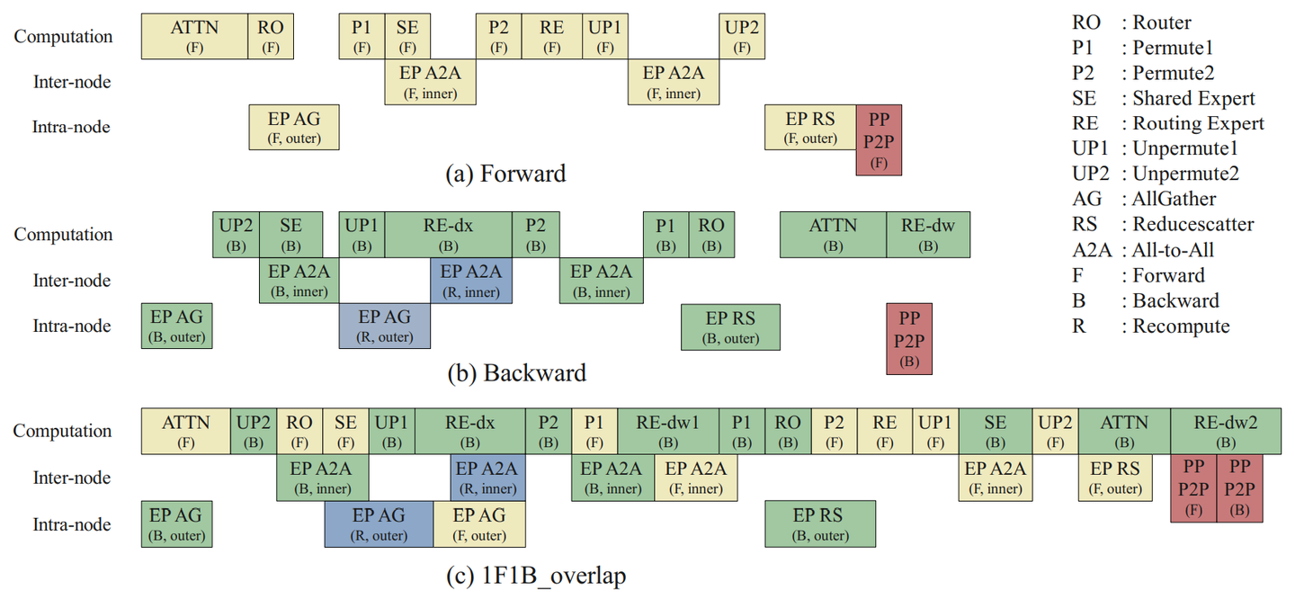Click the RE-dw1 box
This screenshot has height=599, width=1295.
click(667, 431)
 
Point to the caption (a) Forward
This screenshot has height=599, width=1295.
click(506, 174)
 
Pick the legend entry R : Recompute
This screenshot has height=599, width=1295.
click(1150, 326)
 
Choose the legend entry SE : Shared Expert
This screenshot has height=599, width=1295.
click(1163, 98)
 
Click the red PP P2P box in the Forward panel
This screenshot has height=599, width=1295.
click(879, 139)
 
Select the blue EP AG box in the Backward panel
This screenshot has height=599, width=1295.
click(384, 326)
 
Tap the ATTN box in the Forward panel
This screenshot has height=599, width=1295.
click(194, 36)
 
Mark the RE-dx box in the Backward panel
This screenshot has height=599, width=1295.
click(448, 234)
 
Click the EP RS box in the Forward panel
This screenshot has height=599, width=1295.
click(809, 127)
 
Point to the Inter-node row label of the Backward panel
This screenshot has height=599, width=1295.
click(71, 281)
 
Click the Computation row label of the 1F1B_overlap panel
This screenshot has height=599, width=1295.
click(62, 431)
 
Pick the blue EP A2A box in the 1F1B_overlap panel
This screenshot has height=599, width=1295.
click(488, 478)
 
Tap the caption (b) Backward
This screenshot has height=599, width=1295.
click(516, 372)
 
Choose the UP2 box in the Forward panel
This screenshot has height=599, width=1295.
click(742, 36)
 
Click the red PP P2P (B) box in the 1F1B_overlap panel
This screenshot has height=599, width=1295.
click(1239, 488)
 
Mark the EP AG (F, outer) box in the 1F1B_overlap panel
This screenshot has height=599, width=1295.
click(478, 524)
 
